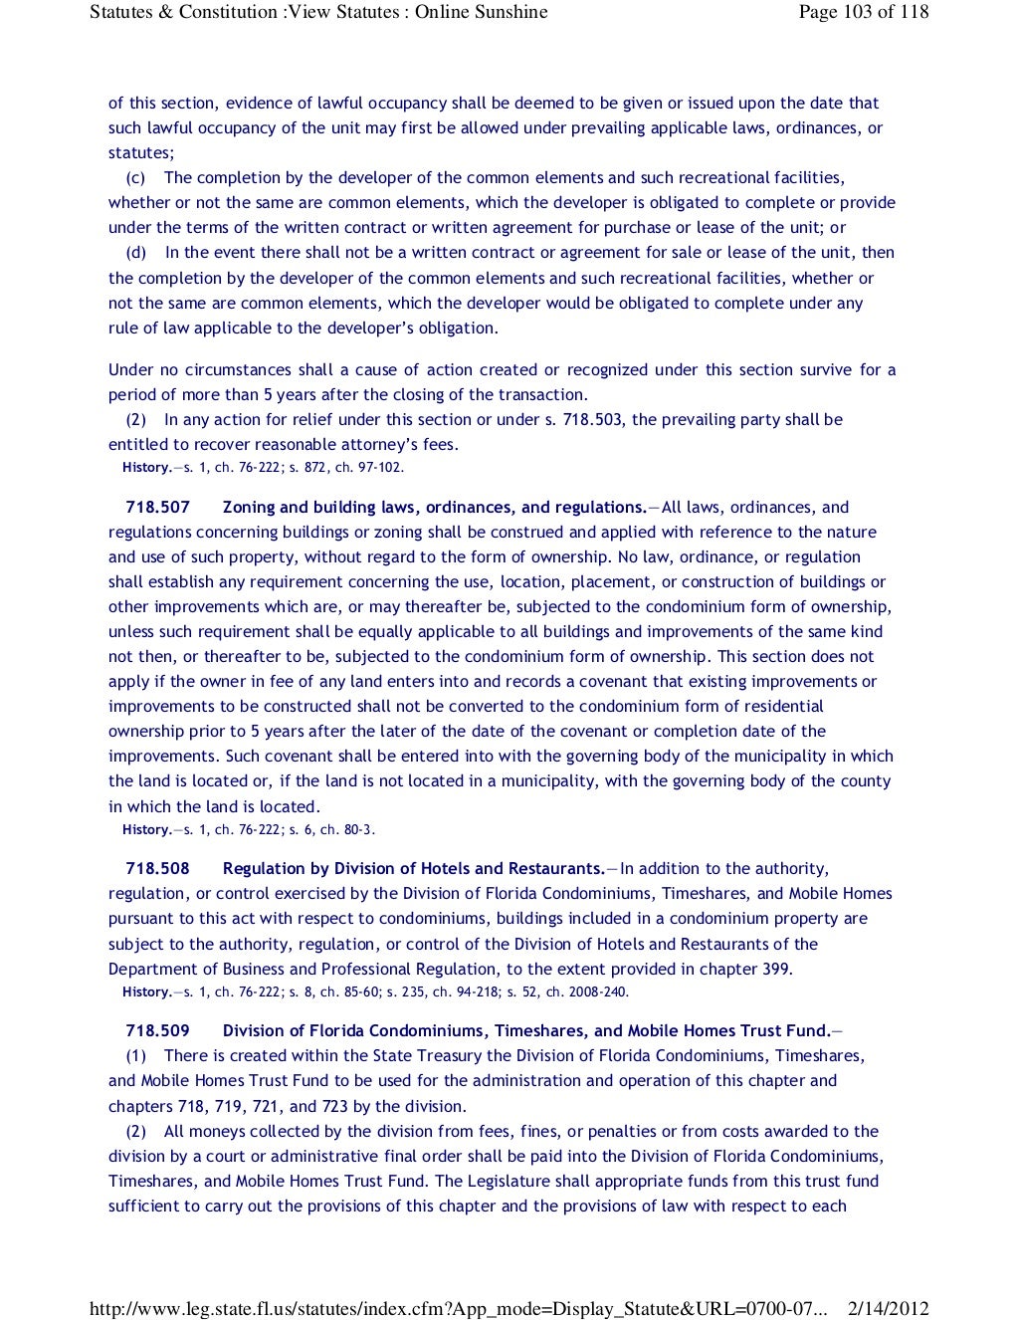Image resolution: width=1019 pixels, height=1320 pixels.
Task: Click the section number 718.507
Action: coord(157,508)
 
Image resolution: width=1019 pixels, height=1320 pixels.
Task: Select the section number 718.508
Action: coord(157,869)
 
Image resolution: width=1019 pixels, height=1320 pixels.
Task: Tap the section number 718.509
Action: coord(157,1031)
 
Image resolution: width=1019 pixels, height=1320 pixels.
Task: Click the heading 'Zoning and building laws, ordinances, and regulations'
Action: coord(434,508)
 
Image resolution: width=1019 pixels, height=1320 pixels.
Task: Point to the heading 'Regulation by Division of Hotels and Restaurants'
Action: coord(413,869)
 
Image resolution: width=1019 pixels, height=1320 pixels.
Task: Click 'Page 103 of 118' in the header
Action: coord(863,12)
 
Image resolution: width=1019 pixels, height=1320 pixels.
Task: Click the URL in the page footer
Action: coord(458,1309)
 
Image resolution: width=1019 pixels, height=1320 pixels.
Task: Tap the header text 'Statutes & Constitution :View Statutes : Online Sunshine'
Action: coord(318,12)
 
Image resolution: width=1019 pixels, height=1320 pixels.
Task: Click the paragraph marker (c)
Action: coord(135,178)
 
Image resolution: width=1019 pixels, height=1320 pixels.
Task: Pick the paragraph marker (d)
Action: coord(135,253)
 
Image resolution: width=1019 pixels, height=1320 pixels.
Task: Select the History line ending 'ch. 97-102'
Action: coord(263,468)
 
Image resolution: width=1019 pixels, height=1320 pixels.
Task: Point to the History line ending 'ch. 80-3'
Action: coord(249,830)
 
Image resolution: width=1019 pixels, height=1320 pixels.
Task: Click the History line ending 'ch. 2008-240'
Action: coord(375,992)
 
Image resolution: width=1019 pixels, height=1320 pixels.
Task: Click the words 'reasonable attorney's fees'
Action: coord(369,445)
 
